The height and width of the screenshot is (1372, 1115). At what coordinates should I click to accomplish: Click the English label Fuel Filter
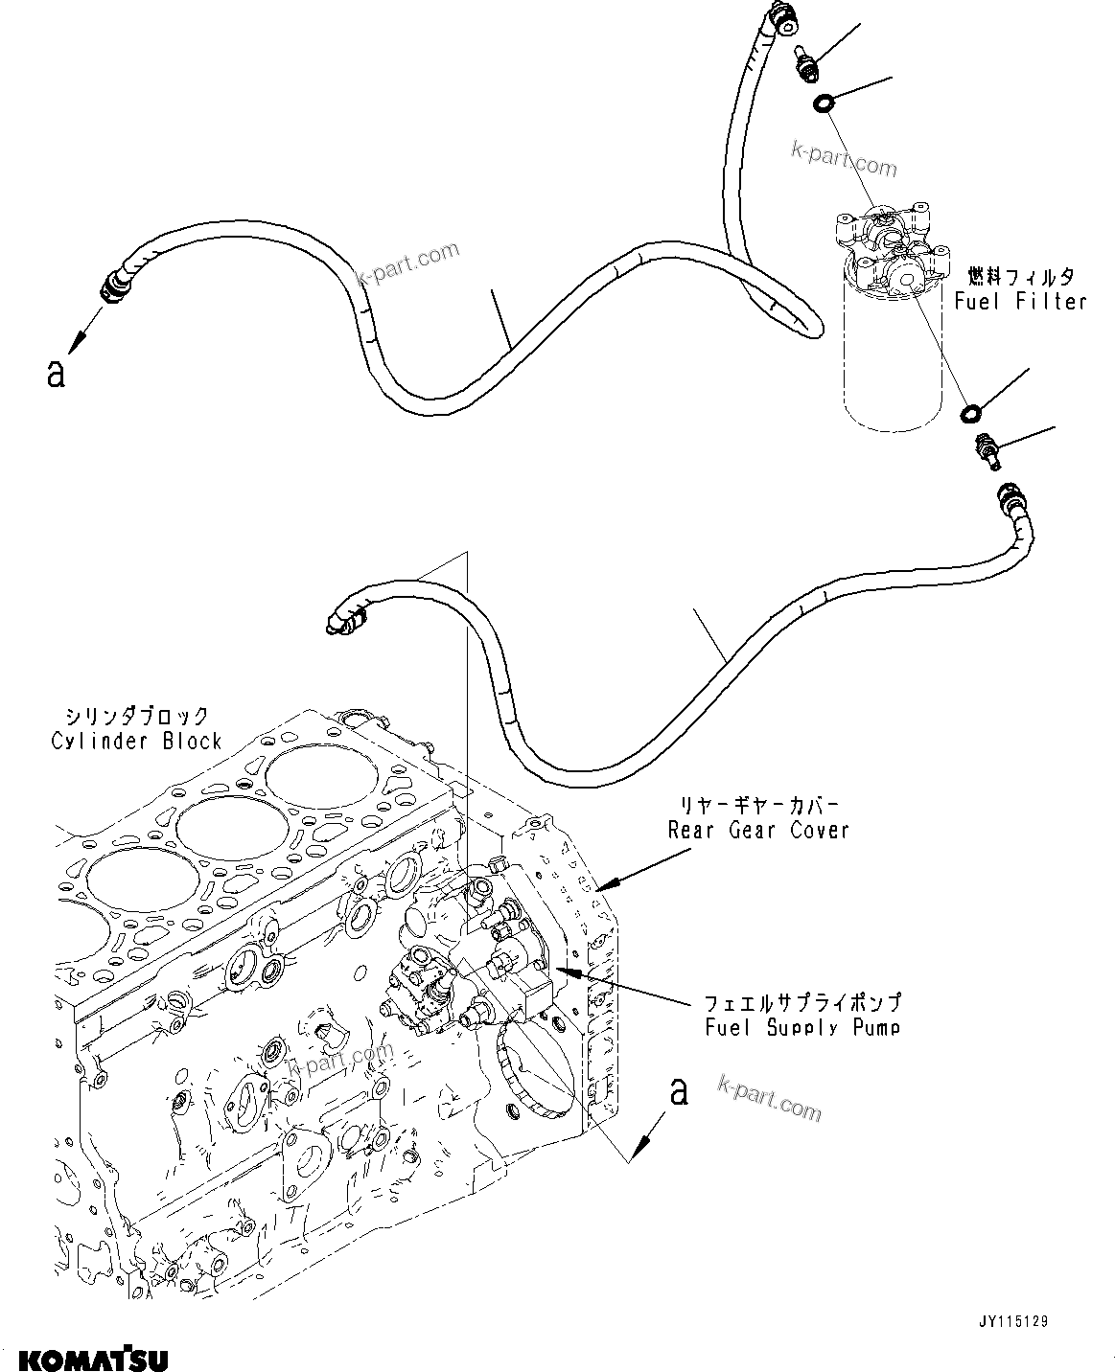(x=1020, y=302)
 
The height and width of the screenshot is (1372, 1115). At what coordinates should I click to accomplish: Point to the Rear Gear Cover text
(x=758, y=830)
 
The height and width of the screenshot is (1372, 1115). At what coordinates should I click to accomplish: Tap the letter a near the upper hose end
(x=56, y=373)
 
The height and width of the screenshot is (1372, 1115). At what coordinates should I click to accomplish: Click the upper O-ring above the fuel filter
(x=823, y=103)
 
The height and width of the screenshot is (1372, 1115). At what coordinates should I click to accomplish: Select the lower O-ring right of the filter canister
(x=971, y=413)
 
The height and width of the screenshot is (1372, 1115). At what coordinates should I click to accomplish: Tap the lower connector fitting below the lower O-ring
(x=987, y=449)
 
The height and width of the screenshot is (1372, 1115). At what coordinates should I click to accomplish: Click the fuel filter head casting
(x=888, y=249)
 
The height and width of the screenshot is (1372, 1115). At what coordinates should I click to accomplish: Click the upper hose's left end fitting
(x=114, y=284)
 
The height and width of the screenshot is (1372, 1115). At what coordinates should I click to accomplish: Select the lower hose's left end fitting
(x=342, y=617)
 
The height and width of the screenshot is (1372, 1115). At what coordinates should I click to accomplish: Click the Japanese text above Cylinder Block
(x=136, y=716)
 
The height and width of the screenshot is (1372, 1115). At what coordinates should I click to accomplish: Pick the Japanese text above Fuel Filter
(x=1020, y=277)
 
